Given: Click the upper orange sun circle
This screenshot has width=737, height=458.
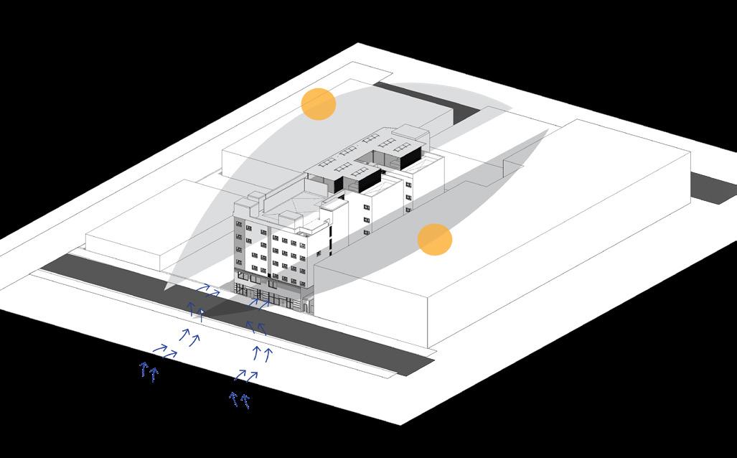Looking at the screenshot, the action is pos(319,104).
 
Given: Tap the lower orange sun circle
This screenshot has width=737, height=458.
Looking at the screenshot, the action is pos(435,239).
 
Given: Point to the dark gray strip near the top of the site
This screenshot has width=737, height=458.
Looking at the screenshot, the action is pos(423,101).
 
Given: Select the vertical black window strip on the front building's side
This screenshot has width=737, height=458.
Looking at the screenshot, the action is pos(331,240).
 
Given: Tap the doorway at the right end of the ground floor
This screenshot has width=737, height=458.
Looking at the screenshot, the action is pos(308,307).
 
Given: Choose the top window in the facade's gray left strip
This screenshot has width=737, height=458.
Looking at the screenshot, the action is pos(239,224).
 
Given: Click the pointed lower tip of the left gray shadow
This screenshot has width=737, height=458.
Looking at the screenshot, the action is pos(166,289).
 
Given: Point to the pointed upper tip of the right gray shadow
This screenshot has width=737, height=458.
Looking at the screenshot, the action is pos(548,131).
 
